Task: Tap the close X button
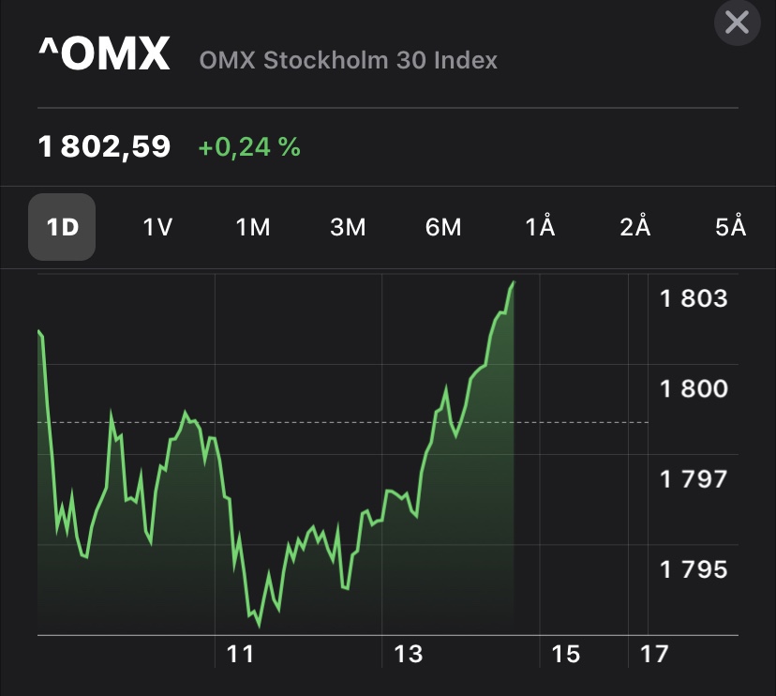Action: coord(737,22)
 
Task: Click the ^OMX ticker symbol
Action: coord(104,55)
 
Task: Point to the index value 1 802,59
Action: coord(104,146)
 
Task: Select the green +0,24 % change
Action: coord(249,146)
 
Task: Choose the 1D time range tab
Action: coord(62,227)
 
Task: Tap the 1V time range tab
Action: coord(157,227)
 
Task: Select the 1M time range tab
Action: coord(253,227)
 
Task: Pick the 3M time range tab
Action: coord(348,227)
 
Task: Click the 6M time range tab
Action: coord(443,227)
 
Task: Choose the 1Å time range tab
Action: coord(540,227)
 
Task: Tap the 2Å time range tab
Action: coord(635,227)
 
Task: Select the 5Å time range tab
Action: coord(730,227)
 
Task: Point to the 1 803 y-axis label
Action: coord(694,298)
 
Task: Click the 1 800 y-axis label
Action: coord(694,388)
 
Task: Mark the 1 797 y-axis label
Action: coord(694,479)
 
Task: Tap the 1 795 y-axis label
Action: coord(694,569)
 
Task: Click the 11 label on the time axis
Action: coord(241,654)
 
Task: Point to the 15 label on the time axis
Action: coord(566,654)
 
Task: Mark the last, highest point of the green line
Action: coord(514,281)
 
